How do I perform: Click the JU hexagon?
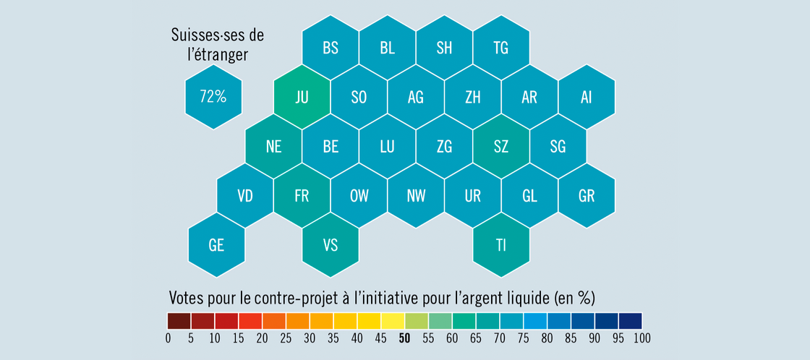pos(302,97)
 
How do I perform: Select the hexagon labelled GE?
pos(216,245)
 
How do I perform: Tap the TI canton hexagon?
pos(501,245)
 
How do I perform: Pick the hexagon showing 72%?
pos(213,97)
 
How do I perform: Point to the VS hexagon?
pos(331,245)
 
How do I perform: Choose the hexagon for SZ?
pos(501,147)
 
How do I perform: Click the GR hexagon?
pos(587,196)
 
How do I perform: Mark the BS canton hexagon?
pos(331,48)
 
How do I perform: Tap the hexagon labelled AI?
pos(587,97)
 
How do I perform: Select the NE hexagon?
pos(273,147)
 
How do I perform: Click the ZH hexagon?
pos(473,97)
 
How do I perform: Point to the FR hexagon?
pos(302,196)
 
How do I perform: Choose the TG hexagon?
pos(501,48)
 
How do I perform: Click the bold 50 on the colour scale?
pos(405,338)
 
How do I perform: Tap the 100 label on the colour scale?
pos(642,338)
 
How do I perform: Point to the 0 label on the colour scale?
pos(168,338)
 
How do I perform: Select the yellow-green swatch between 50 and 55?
pos(417,320)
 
